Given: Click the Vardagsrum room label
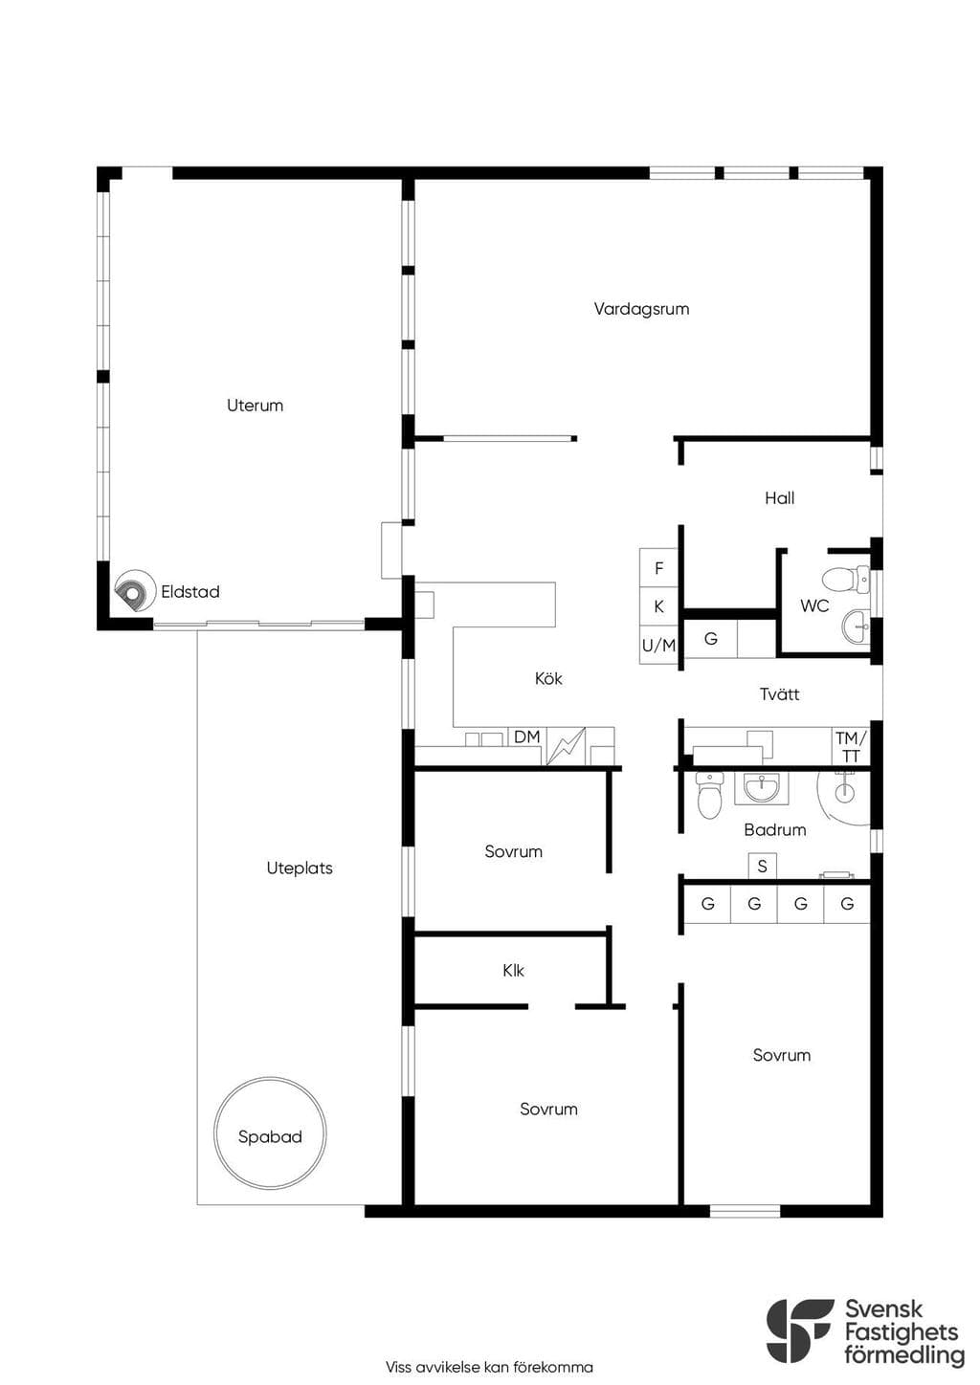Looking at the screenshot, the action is pos(641,309).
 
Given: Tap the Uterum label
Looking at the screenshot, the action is pos(255,406).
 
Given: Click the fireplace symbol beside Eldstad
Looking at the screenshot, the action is pos(134,591).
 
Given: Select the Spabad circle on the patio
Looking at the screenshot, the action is pos(271,1132).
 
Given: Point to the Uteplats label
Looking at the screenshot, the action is pos(300,868).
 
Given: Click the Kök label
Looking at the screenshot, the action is pos(548,678).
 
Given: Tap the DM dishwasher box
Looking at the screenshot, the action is pos(527,736).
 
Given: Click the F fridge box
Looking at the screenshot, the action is pos(658,567).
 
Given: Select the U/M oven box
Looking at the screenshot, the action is pos(658,646).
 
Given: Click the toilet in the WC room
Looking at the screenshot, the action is pos(846,579).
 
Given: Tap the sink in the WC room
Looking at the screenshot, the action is pos(856,627).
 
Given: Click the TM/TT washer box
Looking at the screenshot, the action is pos(851,746).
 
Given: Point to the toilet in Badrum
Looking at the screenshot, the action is pos(709,795).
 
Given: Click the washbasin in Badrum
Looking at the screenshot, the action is pos(762,788).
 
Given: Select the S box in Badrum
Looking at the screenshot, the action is pos(762,867).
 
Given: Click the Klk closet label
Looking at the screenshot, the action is pos(514,971).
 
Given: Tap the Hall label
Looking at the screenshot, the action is pos(780,497).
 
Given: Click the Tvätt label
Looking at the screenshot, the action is pos(780,693).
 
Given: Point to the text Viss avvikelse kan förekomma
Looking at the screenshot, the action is pos(489,1367).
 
